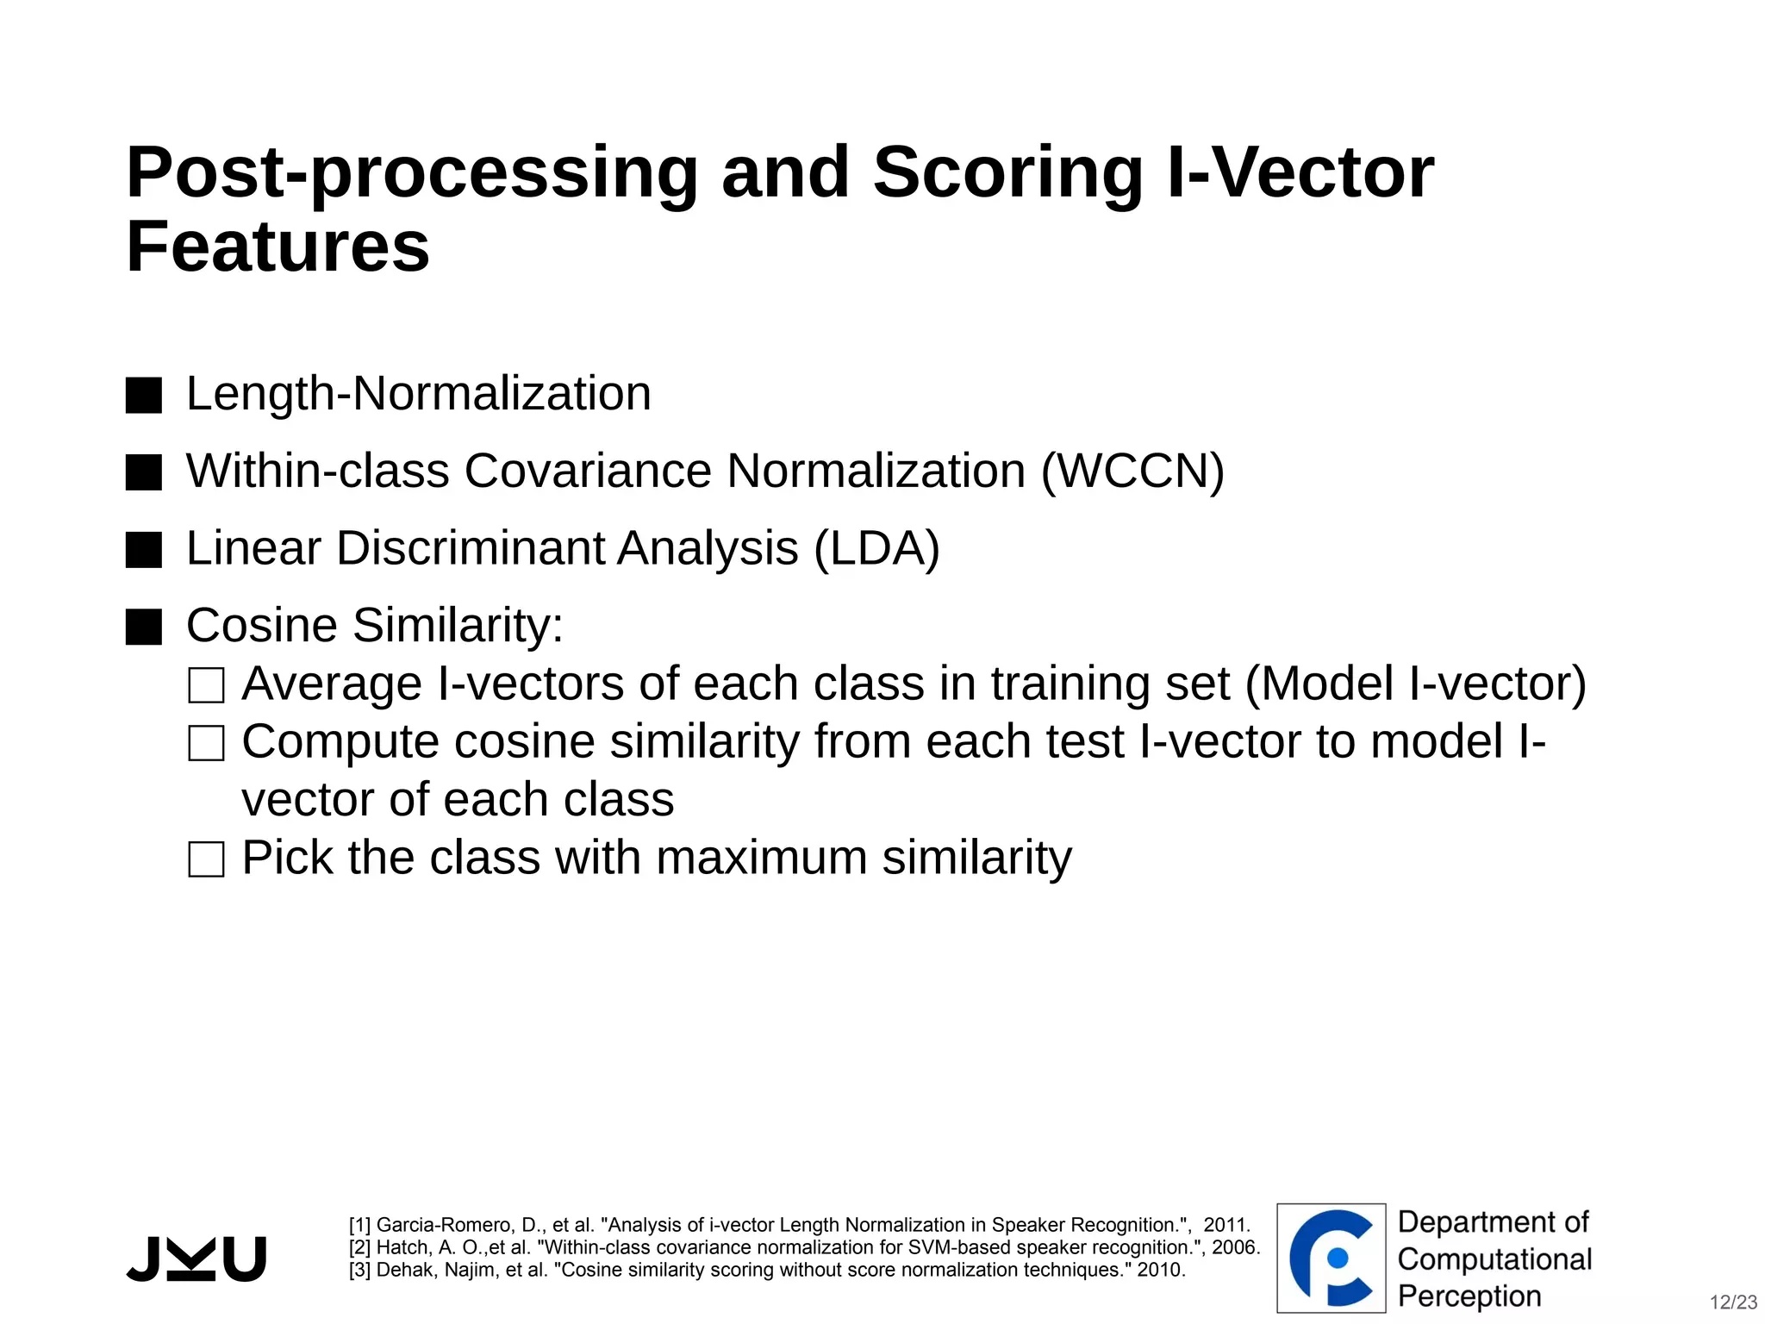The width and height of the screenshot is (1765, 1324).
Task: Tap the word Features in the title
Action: [x=278, y=247]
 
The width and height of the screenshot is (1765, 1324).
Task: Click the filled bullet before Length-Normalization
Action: [x=144, y=396]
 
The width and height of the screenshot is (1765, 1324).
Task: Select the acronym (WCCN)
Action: [x=1132, y=472]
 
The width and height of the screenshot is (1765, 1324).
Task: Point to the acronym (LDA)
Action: [x=876, y=549]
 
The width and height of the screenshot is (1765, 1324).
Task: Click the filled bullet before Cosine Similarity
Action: [x=144, y=627]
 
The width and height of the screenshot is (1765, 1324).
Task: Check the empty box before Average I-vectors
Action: [x=207, y=685]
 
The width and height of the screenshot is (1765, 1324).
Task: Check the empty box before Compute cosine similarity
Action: [x=207, y=743]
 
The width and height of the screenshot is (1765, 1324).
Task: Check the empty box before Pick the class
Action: [x=207, y=859]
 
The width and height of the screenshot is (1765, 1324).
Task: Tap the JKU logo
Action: [x=196, y=1258]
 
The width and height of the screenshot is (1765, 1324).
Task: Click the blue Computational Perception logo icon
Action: [x=1331, y=1258]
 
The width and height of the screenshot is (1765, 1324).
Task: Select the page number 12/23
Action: [x=1733, y=1302]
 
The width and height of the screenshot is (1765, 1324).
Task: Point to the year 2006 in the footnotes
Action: [x=1235, y=1247]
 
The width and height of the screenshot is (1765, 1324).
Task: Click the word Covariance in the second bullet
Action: [x=588, y=472]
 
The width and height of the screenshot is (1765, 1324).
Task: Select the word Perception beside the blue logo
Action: [x=1469, y=1296]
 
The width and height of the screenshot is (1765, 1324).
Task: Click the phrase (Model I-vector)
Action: [x=1415, y=684]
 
